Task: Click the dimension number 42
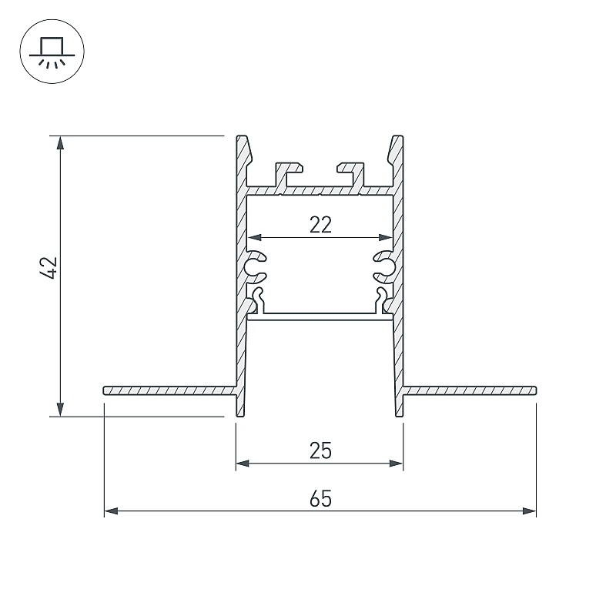(x=50, y=268)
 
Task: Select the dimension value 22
(x=320, y=225)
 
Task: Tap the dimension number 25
(x=320, y=450)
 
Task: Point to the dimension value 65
(x=320, y=499)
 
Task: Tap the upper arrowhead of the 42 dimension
(x=60, y=143)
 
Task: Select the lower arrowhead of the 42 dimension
(x=60, y=409)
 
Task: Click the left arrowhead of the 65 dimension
(x=112, y=511)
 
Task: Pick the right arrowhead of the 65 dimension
(x=529, y=511)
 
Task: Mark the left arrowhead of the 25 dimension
(x=243, y=464)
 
